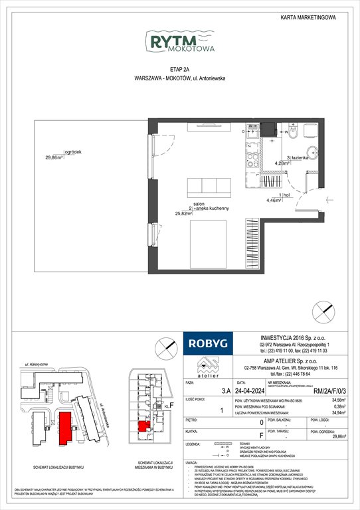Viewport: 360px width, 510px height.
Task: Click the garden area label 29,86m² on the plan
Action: [53, 157]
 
